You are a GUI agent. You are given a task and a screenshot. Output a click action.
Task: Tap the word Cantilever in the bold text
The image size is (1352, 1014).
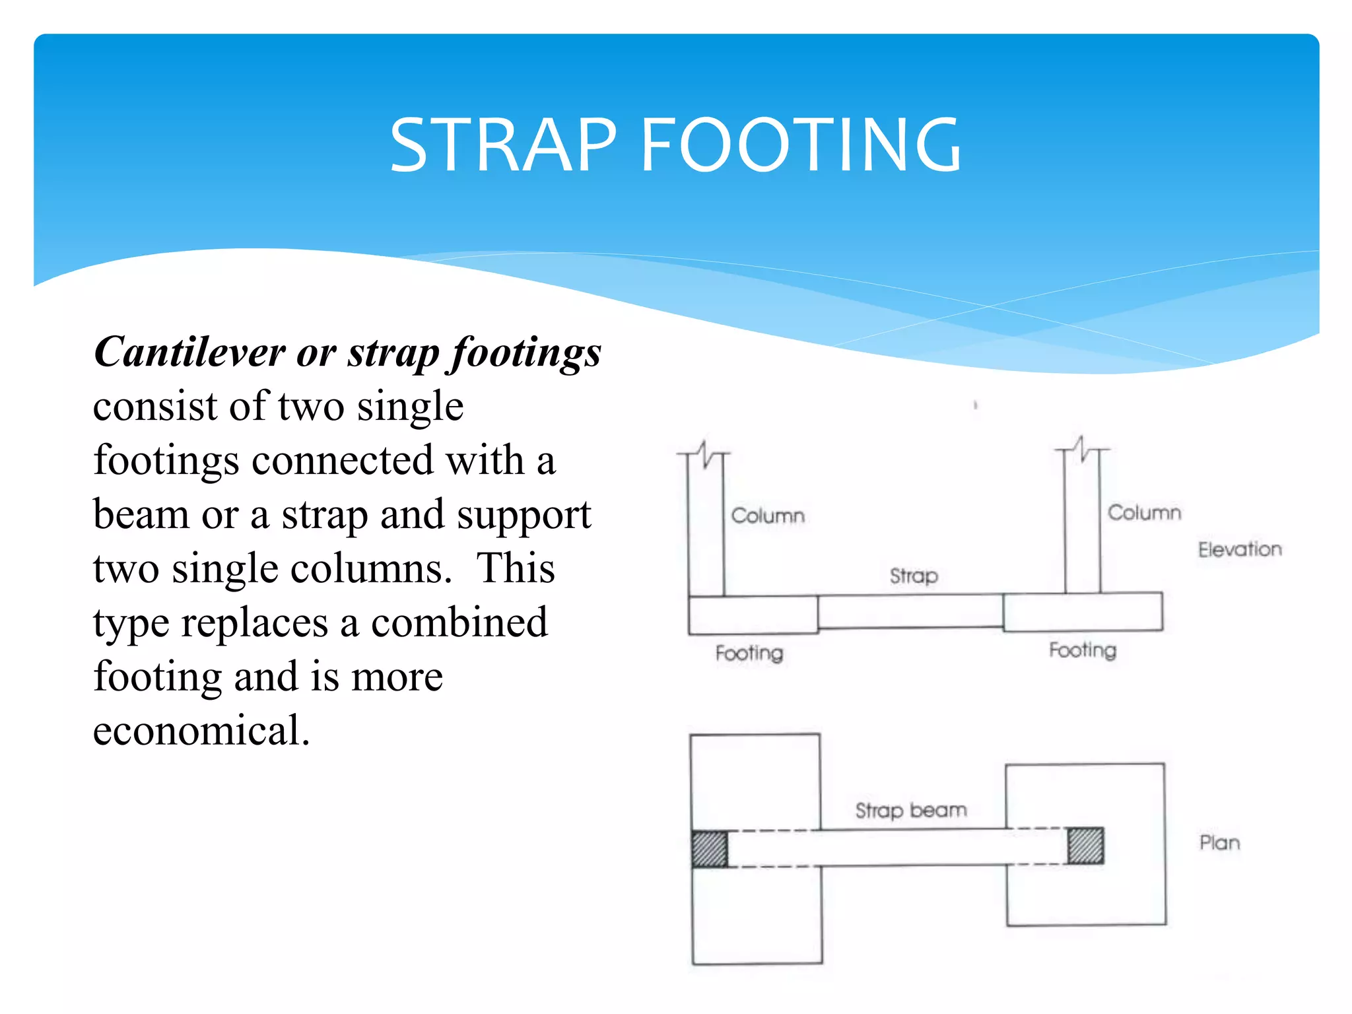click(x=190, y=352)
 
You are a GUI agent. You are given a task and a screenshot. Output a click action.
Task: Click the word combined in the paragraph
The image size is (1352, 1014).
click(x=459, y=623)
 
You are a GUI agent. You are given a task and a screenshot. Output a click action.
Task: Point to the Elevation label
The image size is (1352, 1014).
click(x=1240, y=549)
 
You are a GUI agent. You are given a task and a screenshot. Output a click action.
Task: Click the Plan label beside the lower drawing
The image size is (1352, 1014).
click(x=1219, y=843)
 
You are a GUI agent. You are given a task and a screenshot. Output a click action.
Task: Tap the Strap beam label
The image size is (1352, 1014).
click(x=911, y=810)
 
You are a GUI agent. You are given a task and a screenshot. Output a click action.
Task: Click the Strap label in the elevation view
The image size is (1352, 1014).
click(x=914, y=576)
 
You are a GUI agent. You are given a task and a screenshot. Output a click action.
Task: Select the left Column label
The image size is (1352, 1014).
click(x=768, y=516)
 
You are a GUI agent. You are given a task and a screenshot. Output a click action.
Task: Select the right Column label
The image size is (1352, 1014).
click(x=1144, y=513)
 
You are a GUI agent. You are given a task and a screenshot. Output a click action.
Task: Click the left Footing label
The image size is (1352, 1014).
click(x=749, y=653)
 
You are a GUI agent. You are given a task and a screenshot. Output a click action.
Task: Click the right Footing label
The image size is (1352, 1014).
click(x=1083, y=650)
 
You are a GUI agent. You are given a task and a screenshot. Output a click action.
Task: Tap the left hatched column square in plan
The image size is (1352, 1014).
click(x=710, y=849)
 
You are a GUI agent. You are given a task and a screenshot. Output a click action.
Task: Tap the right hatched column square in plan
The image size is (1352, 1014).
click(x=1085, y=846)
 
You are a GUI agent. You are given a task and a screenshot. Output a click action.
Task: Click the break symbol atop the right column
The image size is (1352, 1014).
click(x=1081, y=449)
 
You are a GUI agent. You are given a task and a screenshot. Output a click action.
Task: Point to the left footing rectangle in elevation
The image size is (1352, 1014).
click(x=753, y=615)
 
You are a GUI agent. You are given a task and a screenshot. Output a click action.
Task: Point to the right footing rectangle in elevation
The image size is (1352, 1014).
click(x=1083, y=612)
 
